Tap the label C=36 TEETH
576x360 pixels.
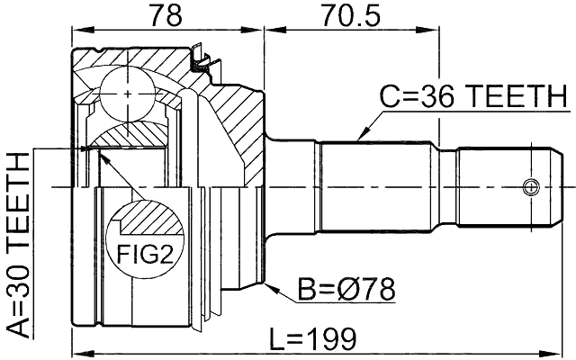(472, 95)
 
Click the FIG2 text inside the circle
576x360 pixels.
(145, 255)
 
